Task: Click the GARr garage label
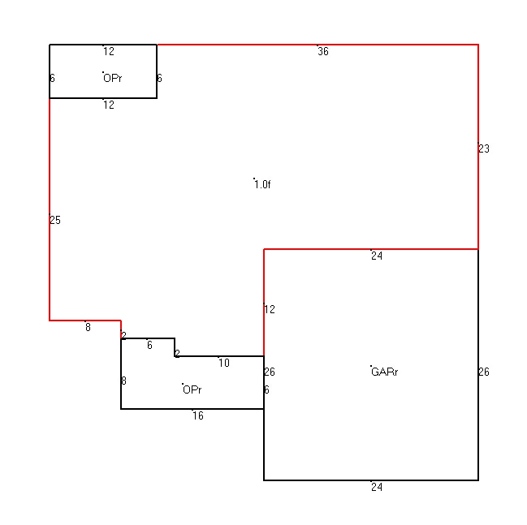tap(385, 372)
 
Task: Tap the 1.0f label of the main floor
tap(262, 184)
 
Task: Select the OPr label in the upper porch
tap(113, 78)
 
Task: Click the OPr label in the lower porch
tap(192, 389)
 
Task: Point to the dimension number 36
tap(323, 51)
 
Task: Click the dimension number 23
tap(484, 148)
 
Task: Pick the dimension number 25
tap(55, 220)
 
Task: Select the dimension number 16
tap(198, 415)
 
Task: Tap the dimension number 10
tap(224, 363)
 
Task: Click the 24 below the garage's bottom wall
tap(377, 487)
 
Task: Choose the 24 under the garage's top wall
tap(377, 256)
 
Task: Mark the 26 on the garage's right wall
tap(484, 372)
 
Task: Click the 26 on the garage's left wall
tap(270, 372)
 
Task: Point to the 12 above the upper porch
tap(109, 51)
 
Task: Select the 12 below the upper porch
tap(109, 105)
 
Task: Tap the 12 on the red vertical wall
tap(270, 309)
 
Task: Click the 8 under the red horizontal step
tap(88, 327)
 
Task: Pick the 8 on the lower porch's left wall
tap(123, 381)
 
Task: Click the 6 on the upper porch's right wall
tap(159, 78)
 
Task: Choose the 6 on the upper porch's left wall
tap(52, 78)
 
